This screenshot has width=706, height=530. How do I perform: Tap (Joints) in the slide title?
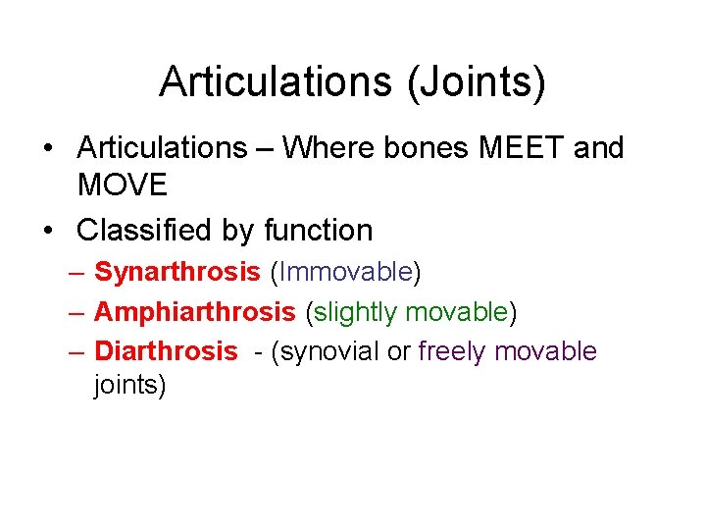click(x=473, y=81)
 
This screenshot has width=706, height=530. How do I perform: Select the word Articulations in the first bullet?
click(x=162, y=148)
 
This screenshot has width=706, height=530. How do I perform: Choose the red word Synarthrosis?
click(x=176, y=273)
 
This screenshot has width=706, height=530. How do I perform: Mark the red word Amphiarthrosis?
click(x=194, y=312)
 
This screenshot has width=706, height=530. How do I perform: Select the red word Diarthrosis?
click(x=166, y=351)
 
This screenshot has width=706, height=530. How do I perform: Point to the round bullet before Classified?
click(x=48, y=232)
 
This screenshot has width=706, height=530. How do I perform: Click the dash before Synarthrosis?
click(x=78, y=273)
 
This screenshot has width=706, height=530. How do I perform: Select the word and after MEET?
click(x=598, y=148)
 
